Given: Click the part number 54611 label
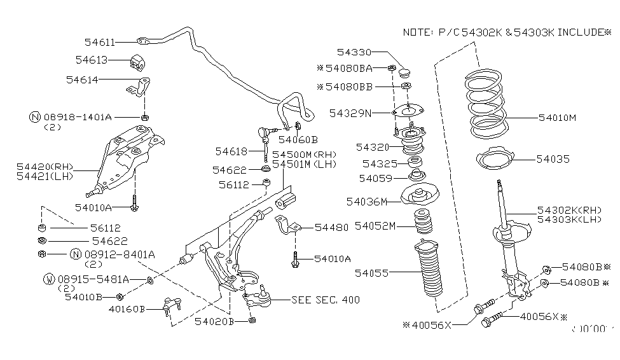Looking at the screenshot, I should [x=99, y=43].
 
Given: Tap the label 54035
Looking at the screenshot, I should [x=553, y=159].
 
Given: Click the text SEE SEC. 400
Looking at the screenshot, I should [x=325, y=300].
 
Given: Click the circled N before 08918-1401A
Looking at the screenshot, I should [x=35, y=117].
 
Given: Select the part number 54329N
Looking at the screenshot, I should [x=350, y=113].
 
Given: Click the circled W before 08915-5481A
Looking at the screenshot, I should [x=48, y=279].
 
